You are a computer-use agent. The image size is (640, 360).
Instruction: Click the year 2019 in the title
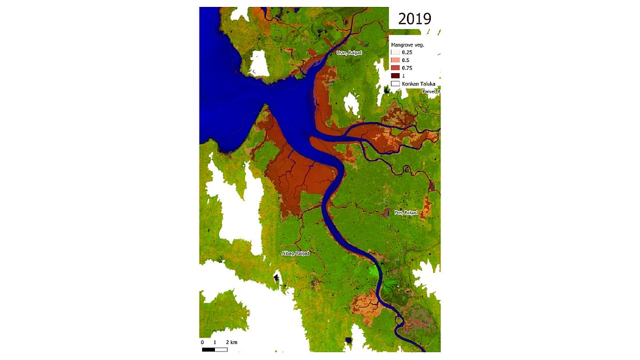coord(414,19)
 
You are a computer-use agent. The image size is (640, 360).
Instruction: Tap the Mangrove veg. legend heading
coord(406,45)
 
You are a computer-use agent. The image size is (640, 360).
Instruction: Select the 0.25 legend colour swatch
coord(395,53)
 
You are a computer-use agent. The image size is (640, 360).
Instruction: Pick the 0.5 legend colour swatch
coord(395,60)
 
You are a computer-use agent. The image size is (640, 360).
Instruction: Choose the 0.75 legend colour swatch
coord(395,68)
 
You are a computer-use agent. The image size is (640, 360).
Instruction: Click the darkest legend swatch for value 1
coord(395,76)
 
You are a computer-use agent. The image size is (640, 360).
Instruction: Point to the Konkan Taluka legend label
coord(420,84)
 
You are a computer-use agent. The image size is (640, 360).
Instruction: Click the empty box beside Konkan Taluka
coord(395,84)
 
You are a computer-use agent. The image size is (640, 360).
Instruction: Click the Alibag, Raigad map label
coord(295,253)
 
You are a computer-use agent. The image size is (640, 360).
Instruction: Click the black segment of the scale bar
coord(209,349)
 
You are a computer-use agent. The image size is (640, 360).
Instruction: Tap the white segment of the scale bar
coord(221,349)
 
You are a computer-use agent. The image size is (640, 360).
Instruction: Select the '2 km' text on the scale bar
coord(231,341)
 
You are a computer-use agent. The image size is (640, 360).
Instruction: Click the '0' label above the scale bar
coord(202,341)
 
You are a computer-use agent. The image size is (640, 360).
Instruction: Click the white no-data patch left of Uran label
coord(259,63)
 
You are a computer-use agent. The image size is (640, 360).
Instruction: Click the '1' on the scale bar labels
coord(214,341)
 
